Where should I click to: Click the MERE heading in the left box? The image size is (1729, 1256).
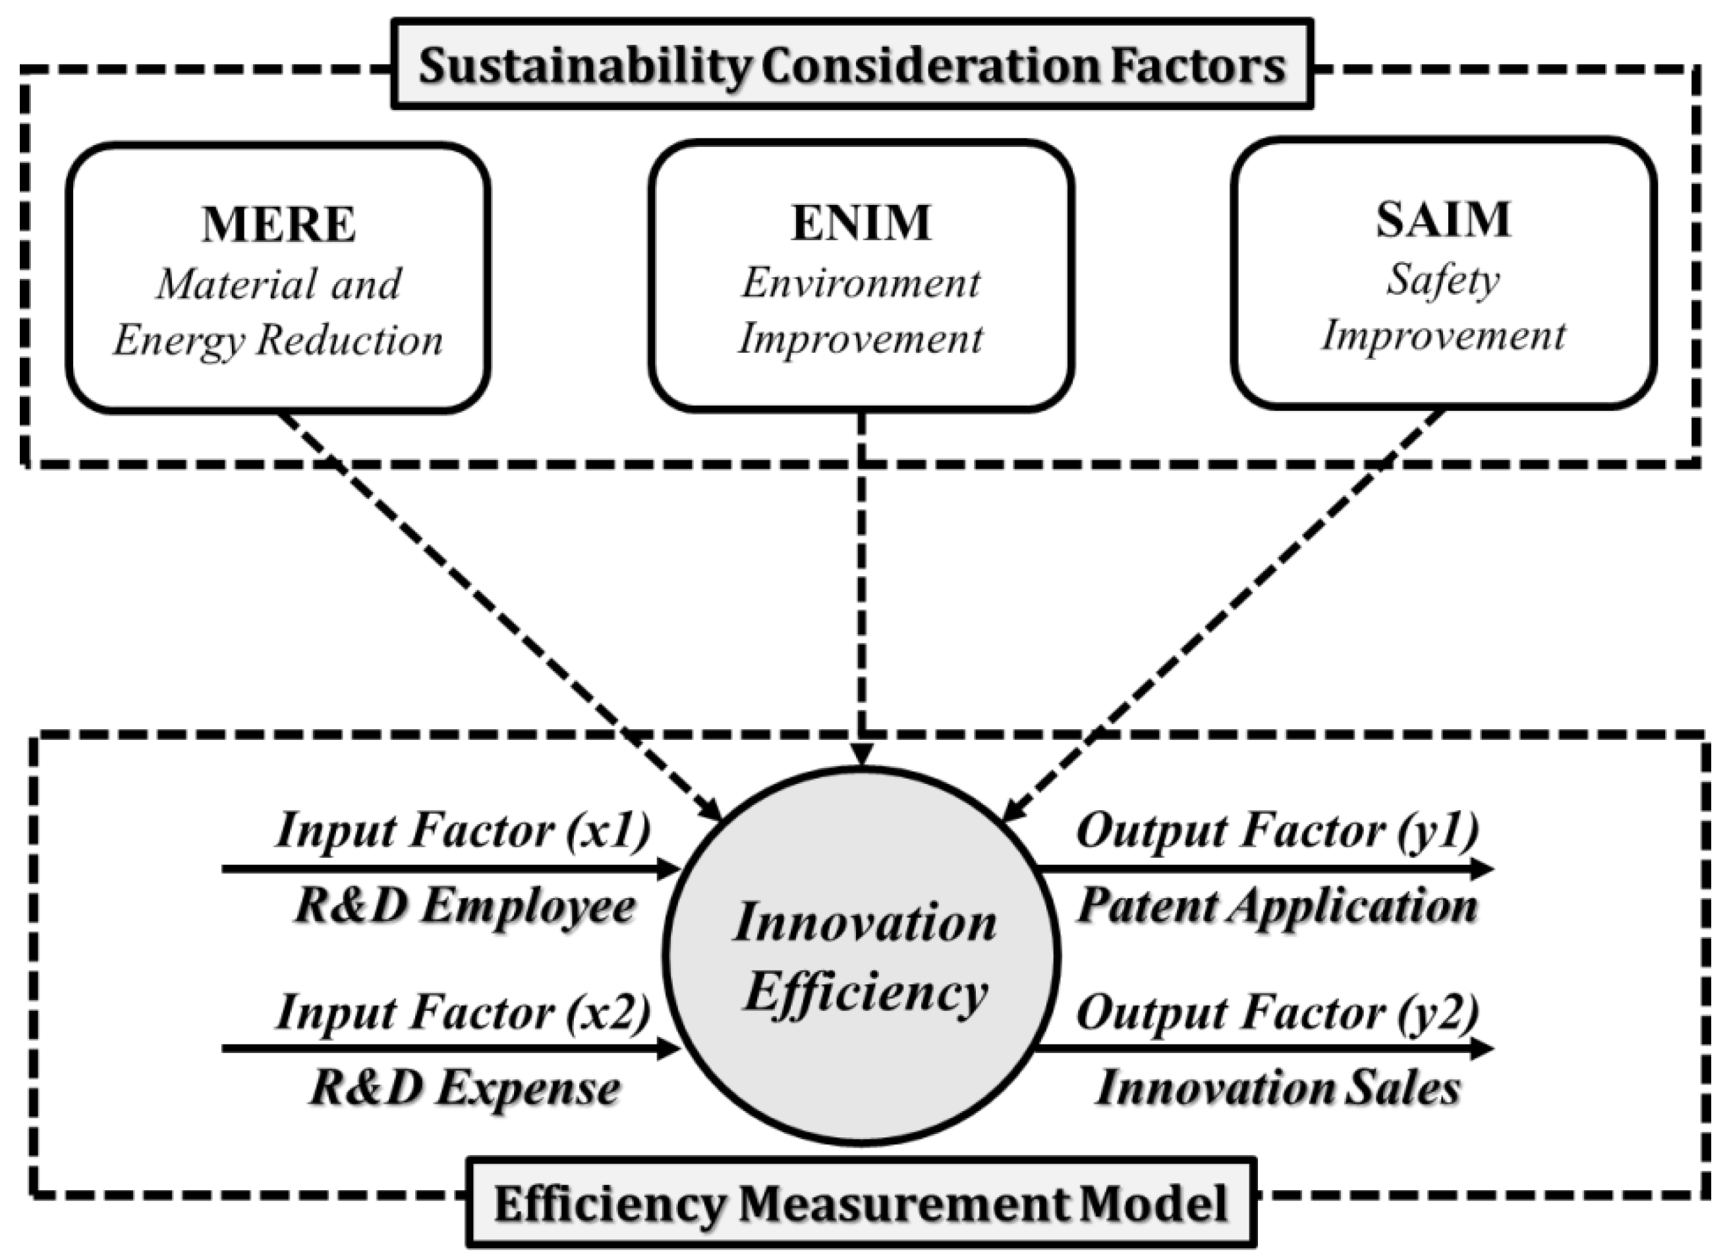(x=278, y=225)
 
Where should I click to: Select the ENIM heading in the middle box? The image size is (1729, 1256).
(x=861, y=223)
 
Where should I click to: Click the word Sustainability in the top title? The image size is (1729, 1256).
(x=584, y=67)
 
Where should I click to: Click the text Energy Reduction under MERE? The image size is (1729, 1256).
(x=278, y=340)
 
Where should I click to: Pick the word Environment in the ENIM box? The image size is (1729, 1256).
(x=861, y=284)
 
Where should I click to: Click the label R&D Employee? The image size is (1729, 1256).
(x=465, y=907)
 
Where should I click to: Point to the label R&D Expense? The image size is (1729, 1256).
(x=465, y=1089)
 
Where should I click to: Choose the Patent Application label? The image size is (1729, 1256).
(x=1278, y=907)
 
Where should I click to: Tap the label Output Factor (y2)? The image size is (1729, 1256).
(x=1278, y=1012)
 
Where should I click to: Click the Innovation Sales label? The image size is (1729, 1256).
(x=1278, y=1089)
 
